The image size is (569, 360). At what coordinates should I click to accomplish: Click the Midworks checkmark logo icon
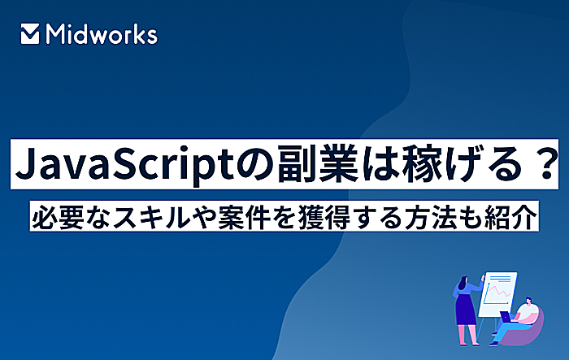(x=30, y=34)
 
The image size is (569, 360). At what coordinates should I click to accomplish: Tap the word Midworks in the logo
(x=102, y=34)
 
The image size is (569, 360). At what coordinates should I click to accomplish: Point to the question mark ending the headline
(x=545, y=164)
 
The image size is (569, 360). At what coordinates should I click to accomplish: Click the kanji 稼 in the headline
(x=421, y=163)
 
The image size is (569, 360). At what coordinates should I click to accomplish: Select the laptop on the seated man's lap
(x=506, y=316)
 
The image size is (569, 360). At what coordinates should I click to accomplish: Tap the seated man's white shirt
(x=525, y=313)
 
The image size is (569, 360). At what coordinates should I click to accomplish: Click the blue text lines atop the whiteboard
(x=500, y=279)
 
